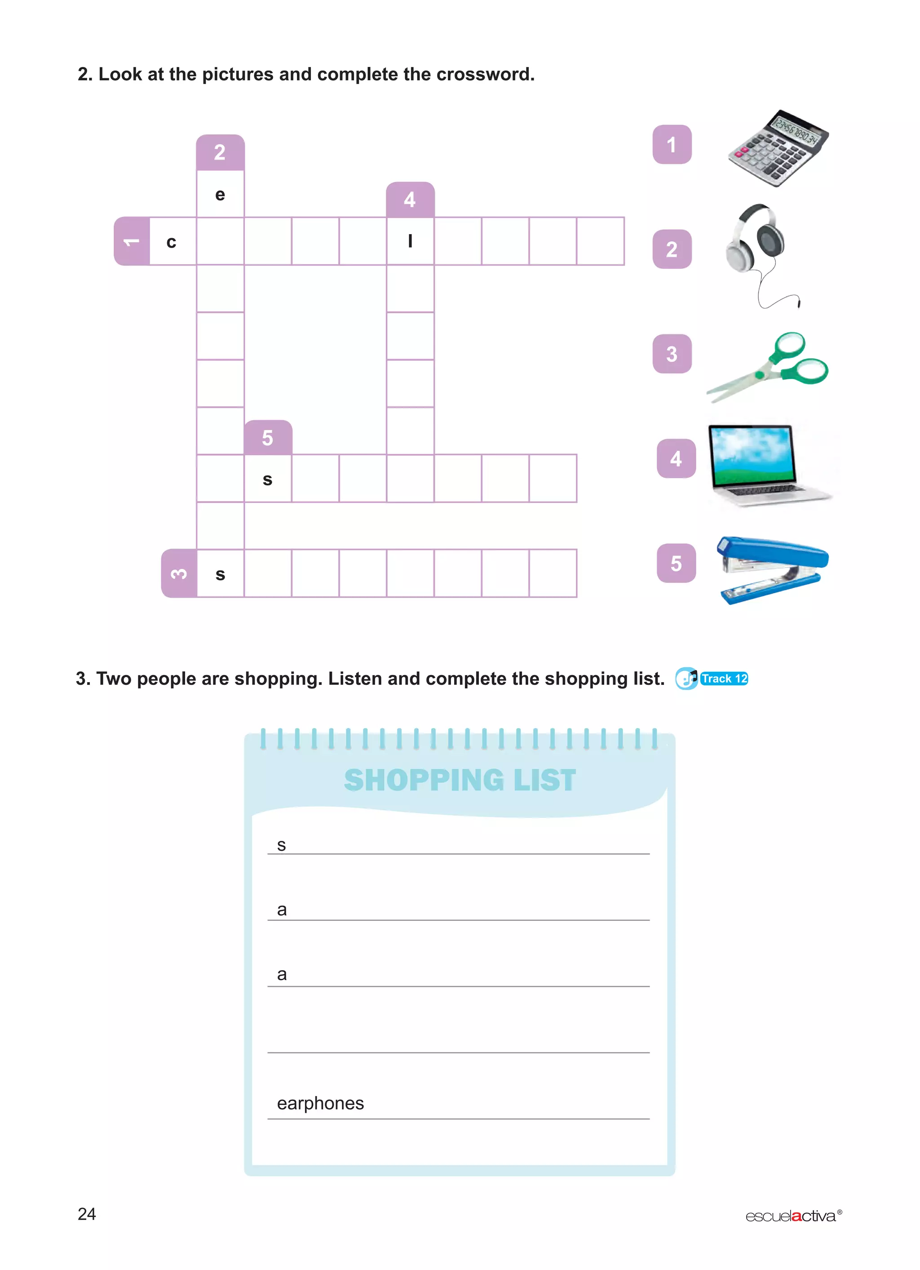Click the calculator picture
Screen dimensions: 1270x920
point(778,148)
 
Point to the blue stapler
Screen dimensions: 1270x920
point(771,568)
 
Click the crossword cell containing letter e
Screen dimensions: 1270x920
point(220,194)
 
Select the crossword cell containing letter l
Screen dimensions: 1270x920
point(410,241)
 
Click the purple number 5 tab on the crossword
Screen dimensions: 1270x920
point(267,438)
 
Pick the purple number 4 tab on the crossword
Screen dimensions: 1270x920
point(410,200)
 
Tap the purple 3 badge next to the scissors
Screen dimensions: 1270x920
point(672,354)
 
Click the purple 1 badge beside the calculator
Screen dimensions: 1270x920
point(672,144)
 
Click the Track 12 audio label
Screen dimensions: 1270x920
point(724,679)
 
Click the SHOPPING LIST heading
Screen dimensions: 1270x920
point(460,780)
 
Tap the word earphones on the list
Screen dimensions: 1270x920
point(320,1103)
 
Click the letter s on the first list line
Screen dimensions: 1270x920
point(282,845)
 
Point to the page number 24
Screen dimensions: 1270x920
point(87,1214)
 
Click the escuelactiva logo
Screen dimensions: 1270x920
point(792,1216)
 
